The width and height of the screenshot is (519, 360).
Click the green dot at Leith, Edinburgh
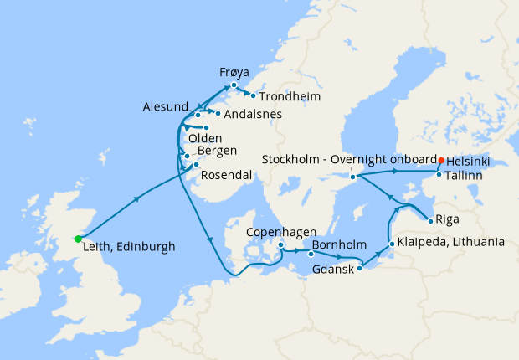click(x=78, y=239)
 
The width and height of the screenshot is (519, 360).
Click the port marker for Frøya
click(x=234, y=85)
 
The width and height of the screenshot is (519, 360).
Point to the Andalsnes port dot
click(x=216, y=113)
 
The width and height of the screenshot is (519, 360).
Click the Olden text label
click(x=205, y=138)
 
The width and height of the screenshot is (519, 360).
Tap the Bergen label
click(x=217, y=151)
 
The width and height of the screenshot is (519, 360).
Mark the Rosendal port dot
click(x=196, y=165)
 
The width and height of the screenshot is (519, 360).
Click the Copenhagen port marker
click(x=281, y=245)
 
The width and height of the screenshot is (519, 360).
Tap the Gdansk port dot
click(x=360, y=268)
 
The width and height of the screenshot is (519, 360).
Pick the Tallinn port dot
click(x=439, y=174)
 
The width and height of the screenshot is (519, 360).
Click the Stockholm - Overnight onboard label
click(x=349, y=159)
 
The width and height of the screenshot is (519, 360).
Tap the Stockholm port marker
click(x=353, y=177)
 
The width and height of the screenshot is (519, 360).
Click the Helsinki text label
click(x=469, y=160)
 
